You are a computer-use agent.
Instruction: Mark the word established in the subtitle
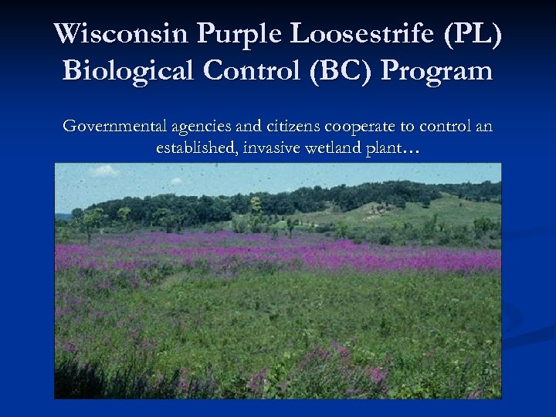click(196, 148)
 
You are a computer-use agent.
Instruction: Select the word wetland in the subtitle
click(336, 148)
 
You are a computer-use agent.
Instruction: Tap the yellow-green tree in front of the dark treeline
click(255, 205)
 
